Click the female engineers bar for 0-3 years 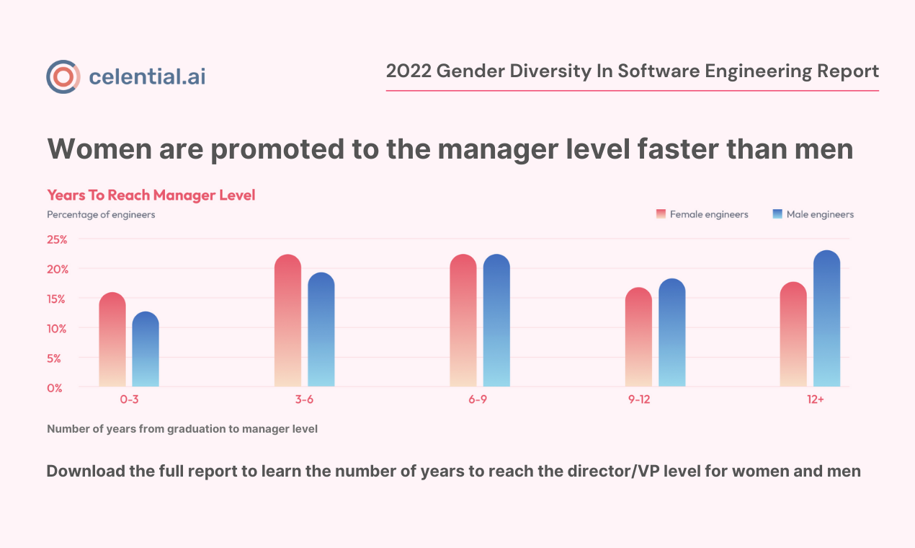pos(112,340)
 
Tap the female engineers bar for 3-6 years pos(287,321)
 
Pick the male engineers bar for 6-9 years pos(496,321)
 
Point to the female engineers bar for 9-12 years pos(638,337)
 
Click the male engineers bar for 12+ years pos(826,319)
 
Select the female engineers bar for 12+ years pos(793,335)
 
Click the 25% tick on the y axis pos(58,239)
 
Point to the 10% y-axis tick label pos(58,328)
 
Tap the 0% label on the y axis pos(55,388)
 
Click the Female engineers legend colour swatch pos(661,214)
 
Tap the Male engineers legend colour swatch pos(777,214)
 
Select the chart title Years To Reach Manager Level pos(151,195)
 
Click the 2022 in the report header pos(408,71)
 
